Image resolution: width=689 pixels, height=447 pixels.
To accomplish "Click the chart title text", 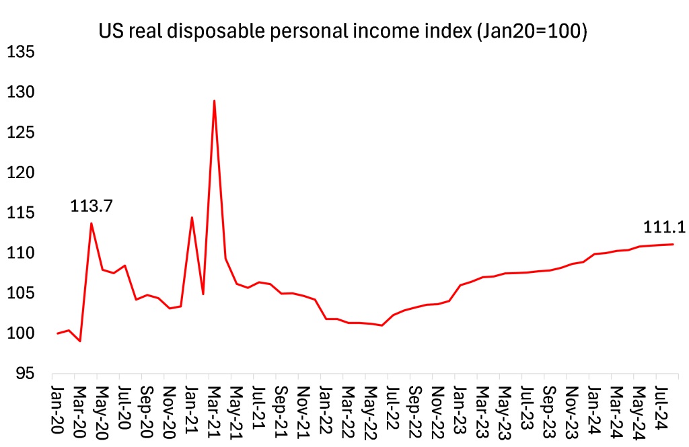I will click(x=343, y=32).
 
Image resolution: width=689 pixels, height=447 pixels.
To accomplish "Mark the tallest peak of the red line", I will click(x=214, y=101).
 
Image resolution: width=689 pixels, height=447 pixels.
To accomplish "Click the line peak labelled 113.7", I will click(x=92, y=223).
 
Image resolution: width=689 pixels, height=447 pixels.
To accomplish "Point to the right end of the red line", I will click(x=673, y=244).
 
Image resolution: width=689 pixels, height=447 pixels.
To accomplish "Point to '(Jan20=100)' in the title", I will click(x=531, y=32).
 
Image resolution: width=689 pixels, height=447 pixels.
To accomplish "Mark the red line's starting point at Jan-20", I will click(x=58, y=333).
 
